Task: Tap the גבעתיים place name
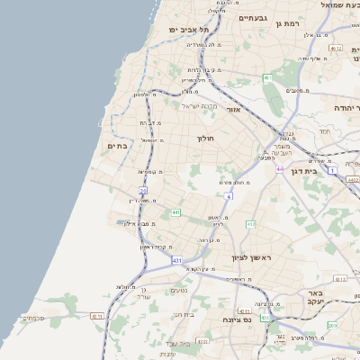[259, 17]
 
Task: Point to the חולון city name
[206, 139]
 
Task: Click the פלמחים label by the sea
[31, 318]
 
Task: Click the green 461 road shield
[267, 79]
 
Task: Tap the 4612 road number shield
[337, 48]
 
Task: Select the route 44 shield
[280, 168]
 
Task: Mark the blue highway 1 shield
[332, 169]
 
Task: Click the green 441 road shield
[175, 212]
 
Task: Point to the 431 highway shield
[177, 260]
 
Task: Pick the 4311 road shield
[244, 310]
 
